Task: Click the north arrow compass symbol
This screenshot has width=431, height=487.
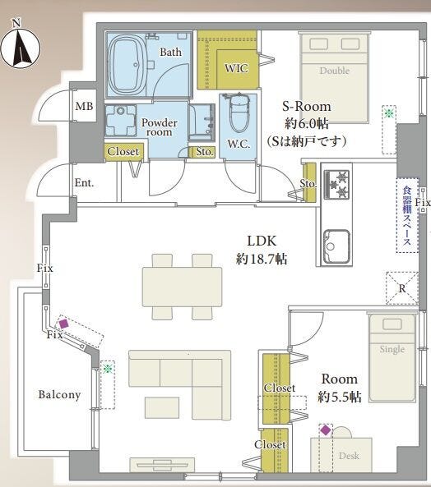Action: pos(21,47)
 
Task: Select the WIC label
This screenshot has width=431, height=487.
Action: pos(236,68)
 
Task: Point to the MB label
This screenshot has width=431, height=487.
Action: pos(84,107)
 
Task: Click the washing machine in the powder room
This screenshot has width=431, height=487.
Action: pos(120,121)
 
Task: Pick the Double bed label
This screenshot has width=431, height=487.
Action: pos(335,71)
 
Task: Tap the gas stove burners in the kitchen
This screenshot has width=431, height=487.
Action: pos(337,184)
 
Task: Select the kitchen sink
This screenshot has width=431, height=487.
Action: pos(336,246)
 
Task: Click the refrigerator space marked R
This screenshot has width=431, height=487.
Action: pos(402,288)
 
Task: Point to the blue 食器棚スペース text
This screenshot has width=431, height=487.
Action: pos(407,215)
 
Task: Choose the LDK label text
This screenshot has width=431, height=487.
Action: pos(262,241)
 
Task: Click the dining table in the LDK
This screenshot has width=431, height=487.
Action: pos(183,287)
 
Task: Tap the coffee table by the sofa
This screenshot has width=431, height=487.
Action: pos(162,407)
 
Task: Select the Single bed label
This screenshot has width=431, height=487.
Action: pos(392,349)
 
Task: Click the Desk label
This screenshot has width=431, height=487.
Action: pos(349,456)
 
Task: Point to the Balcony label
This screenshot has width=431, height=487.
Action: pos(59,395)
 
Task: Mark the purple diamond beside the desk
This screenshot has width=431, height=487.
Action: pos(326,430)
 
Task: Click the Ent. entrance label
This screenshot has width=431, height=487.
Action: pos(84,182)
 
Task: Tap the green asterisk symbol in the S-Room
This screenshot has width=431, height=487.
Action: pos(389,113)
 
